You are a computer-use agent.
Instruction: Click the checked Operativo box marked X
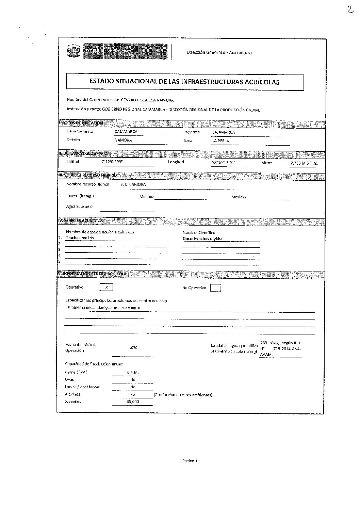tap(107, 287)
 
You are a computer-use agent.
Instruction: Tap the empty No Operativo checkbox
tap(215, 288)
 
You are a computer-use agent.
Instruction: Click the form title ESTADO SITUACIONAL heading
tap(184, 82)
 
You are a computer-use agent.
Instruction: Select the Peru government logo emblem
tap(74, 52)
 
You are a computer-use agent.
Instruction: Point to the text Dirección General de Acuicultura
tap(219, 52)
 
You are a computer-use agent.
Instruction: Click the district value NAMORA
tap(123, 140)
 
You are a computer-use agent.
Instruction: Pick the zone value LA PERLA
tap(220, 141)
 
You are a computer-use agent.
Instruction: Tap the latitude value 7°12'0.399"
tap(112, 162)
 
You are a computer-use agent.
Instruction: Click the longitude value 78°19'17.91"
tap(225, 163)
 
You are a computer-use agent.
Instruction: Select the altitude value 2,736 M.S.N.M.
tap(304, 164)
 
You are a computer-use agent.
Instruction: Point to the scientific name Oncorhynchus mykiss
tap(202, 239)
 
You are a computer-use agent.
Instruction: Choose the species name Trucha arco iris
tap(80, 238)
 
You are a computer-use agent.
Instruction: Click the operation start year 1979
tap(133, 348)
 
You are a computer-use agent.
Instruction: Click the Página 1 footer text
tap(190, 461)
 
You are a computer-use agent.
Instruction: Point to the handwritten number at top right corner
tap(350, 10)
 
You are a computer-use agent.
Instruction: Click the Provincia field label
tap(191, 132)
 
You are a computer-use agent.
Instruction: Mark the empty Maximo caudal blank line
tap(268, 198)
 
